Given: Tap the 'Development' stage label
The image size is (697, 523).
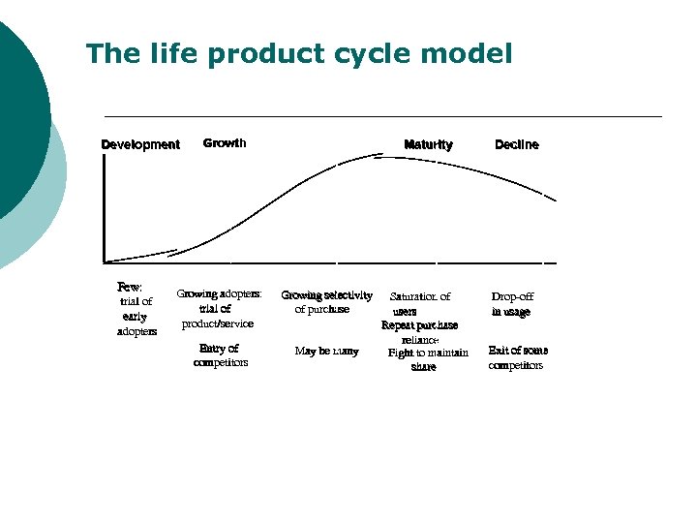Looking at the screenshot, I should coord(140,145).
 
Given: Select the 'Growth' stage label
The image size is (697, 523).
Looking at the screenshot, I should coord(225,143).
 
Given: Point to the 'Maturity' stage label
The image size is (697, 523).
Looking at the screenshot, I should coord(428,145).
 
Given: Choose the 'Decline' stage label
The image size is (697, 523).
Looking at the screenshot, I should coord(517,145).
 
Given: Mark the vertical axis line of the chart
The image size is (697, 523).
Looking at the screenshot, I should coord(103,208).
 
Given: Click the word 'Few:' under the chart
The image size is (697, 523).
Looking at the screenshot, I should coord(130,287).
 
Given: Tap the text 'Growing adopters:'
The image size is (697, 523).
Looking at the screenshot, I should coord(219,293).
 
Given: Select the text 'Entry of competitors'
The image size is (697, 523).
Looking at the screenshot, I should coord(220,355).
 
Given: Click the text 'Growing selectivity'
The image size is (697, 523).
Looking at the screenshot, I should coord(326,295).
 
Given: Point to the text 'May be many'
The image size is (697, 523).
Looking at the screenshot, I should coord(326,352).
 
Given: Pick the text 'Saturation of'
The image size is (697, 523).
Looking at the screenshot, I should coord(420,296).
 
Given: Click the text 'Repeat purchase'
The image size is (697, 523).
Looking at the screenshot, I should coord(419,325).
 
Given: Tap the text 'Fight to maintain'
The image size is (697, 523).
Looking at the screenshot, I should coord(428,354).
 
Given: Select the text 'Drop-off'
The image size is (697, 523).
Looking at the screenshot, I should coord(512,296).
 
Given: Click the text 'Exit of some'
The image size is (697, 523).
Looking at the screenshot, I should coord(518,351).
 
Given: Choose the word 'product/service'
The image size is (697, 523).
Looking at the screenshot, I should coord(218,323).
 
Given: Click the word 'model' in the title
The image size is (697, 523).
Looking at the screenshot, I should coord(470,54).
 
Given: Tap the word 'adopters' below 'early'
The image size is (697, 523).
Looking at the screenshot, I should coord(136,331).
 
